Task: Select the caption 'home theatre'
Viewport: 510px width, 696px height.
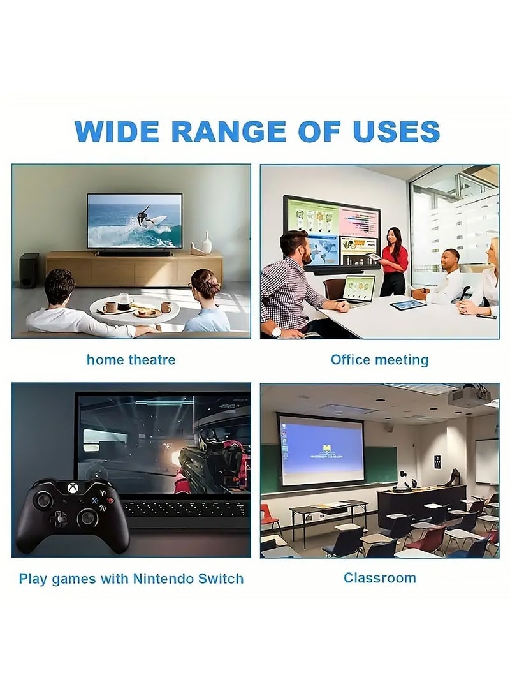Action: (131, 360)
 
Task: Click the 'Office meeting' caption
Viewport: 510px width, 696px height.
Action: (379, 360)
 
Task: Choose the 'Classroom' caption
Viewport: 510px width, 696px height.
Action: (379, 578)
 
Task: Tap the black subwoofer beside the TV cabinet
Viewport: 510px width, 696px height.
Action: (29, 270)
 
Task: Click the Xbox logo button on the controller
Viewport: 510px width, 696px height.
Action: (72, 488)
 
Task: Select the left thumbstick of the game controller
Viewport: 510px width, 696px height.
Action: (44, 501)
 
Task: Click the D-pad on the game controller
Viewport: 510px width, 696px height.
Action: (58, 519)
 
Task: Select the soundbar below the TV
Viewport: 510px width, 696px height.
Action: (133, 255)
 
